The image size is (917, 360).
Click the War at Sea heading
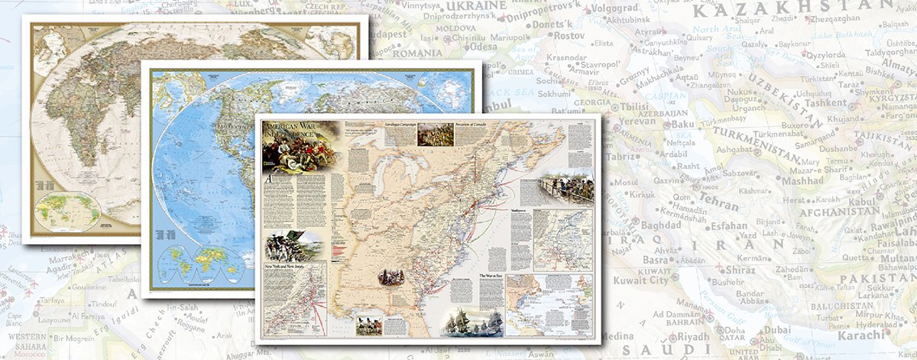tap(492, 274)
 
